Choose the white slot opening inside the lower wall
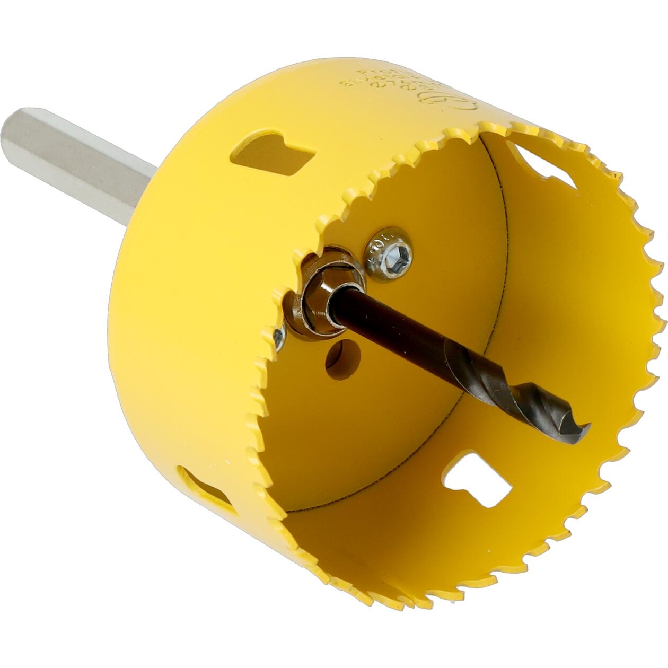[x=477, y=480]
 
